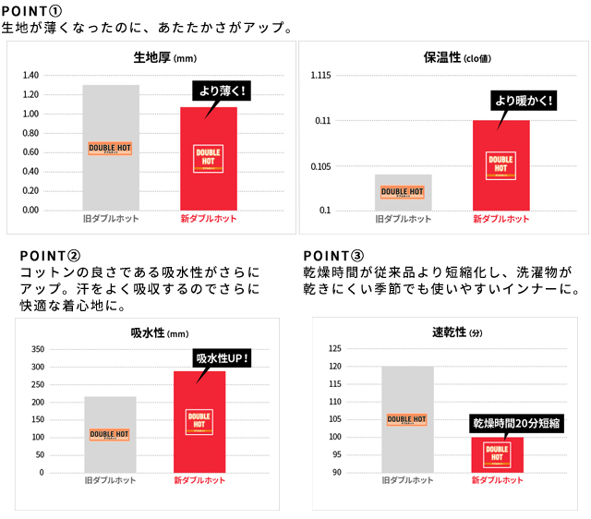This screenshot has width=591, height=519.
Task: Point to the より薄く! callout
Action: coord(222,91)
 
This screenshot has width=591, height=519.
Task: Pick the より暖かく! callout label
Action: coord(524,101)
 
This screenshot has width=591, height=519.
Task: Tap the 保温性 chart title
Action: coord(443,58)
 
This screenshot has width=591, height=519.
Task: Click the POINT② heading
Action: coord(50,255)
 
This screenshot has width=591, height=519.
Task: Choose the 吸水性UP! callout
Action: coord(222,358)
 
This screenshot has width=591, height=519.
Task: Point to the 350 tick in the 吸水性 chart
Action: coord(37,350)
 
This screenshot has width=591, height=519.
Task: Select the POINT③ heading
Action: coord(333,255)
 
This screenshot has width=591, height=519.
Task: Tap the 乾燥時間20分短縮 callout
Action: coord(516,424)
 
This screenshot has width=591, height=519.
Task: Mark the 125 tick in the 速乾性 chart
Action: coord(335,349)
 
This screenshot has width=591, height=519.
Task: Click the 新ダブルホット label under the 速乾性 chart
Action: coord(498,480)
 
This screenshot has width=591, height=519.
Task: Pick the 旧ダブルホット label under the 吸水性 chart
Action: coord(109,480)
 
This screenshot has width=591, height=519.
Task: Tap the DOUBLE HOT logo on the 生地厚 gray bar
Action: coord(110,148)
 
